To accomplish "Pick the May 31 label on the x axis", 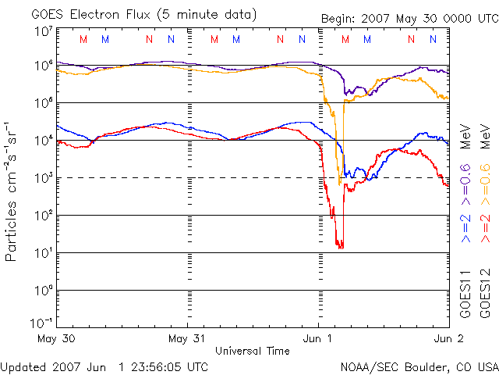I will (188, 339).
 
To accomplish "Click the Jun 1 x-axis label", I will (318, 339).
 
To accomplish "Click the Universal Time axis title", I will (253, 351).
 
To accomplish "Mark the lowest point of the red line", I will (341, 248).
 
